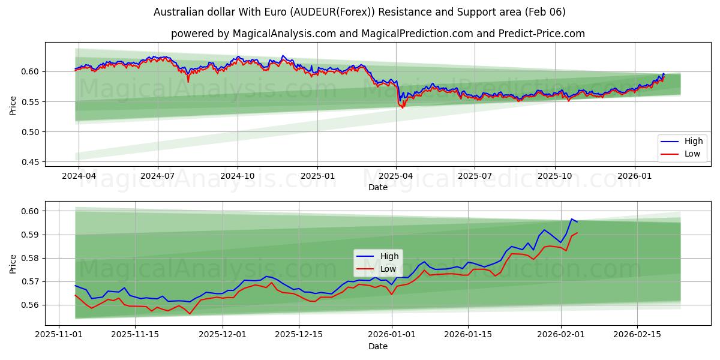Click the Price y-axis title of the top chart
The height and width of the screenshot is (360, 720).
coord(13,106)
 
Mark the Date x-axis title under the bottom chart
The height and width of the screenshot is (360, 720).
coord(378,346)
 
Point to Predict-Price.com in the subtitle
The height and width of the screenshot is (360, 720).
coord(542,34)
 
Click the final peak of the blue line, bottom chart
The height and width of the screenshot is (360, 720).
coord(571,219)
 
